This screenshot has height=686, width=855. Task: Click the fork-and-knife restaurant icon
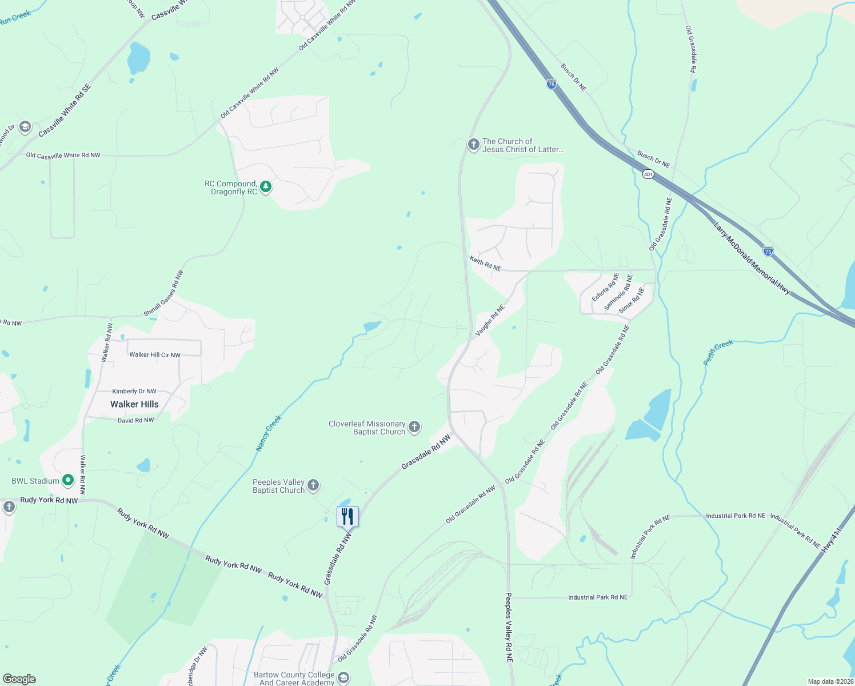click(x=347, y=516)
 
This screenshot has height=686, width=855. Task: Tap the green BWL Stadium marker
click(x=68, y=480)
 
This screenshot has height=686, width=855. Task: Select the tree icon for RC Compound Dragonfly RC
click(x=266, y=187)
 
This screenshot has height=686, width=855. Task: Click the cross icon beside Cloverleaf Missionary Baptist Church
click(x=414, y=427)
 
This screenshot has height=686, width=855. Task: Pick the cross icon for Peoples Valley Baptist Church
click(x=313, y=486)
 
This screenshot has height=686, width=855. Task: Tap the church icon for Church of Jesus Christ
click(x=473, y=145)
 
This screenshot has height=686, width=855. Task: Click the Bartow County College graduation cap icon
click(x=343, y=678)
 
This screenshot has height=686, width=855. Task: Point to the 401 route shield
click(x=648, y=174)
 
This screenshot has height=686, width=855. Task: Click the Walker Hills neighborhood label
click(x=134, y=404)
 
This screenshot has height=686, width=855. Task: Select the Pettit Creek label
click(x=718, y=352)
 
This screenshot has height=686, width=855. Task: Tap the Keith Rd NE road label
click(x=485, y=264)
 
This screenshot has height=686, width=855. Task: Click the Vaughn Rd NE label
click(x=490, y=320)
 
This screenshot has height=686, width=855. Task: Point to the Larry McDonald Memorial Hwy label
click(x=752, y=259)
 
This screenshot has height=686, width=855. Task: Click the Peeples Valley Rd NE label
click(x=509, y=627)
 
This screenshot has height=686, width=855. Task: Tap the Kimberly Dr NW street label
click(x=134, y=392)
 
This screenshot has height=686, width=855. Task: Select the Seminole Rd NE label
click(x=619, y=293)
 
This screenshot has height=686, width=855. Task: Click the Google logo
click(x=19, y=679)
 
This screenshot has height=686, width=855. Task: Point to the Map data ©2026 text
click(x=830, y=681)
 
